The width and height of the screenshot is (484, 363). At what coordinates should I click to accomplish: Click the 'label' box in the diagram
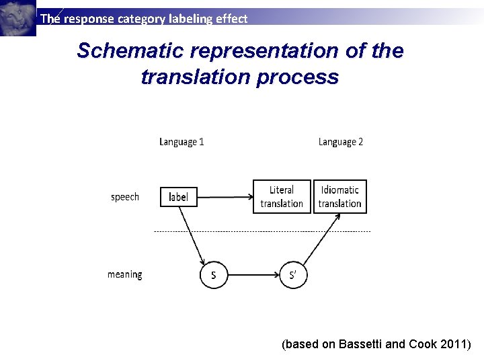(179, 197)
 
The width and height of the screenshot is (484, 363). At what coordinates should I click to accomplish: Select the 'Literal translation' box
(282, 197)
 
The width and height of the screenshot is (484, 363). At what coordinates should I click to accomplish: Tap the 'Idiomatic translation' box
(340, 197)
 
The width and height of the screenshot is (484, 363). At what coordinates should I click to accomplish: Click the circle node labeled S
(214, 275)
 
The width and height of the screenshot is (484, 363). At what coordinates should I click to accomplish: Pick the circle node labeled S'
(292, 275)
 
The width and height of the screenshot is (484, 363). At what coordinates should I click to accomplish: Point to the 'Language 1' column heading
(182, 142)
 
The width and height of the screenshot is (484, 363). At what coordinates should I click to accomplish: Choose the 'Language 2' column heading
(341, 142)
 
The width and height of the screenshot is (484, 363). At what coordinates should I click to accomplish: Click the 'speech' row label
(125, 197)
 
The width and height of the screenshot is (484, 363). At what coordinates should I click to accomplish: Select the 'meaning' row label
(125, 274)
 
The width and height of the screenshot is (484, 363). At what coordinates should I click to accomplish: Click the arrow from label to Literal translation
(225, 197)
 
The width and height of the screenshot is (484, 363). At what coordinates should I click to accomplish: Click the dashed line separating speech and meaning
(262, 231)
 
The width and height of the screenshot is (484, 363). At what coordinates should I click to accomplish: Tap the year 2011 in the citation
(455, 344)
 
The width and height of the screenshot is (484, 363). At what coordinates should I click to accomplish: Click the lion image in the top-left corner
(17, 17)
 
